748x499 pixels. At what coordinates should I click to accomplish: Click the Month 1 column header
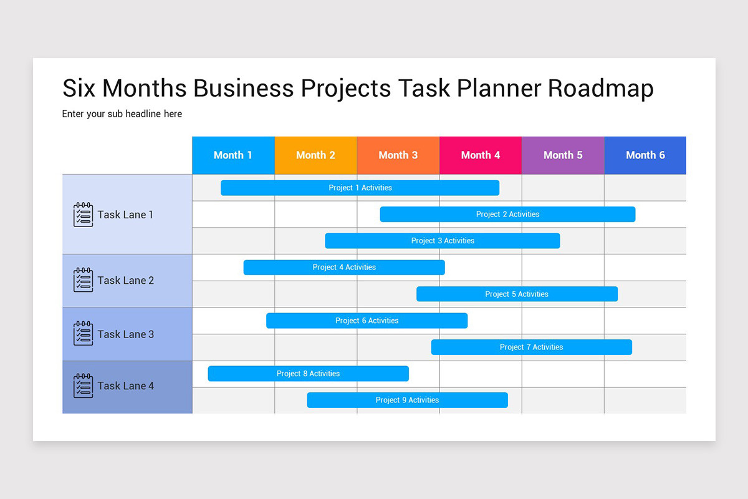[233, 155]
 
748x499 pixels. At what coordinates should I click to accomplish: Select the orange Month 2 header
[315, 155]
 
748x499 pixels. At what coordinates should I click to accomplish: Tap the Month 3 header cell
[398, 155]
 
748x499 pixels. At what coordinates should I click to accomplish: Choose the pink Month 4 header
[480, 155]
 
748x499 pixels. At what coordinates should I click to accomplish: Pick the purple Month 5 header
[563, 155]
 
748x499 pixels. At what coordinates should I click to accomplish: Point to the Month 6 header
[645, 155]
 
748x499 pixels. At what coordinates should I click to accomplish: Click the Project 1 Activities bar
[360, 188]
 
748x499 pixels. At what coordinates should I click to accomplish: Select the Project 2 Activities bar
[507, 215]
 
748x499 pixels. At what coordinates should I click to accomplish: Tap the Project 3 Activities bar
[443, 241]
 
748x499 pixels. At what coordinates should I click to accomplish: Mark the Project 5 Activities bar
[517, 294]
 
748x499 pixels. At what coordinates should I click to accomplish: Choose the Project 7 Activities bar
[531, 347]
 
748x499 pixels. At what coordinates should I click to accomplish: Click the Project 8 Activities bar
[308, 374]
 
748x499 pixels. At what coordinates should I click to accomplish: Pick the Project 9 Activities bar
[407, 400]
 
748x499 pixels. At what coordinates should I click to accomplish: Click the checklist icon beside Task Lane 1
[83, 215]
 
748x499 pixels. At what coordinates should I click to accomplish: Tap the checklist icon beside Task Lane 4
[83, 386]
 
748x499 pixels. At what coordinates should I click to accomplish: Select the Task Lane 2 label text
[125, 281]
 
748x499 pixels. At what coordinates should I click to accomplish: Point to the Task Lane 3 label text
[125, 334]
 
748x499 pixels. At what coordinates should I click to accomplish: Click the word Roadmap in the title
[601, 89]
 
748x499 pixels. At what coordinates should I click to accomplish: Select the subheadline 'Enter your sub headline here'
[122, 114]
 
